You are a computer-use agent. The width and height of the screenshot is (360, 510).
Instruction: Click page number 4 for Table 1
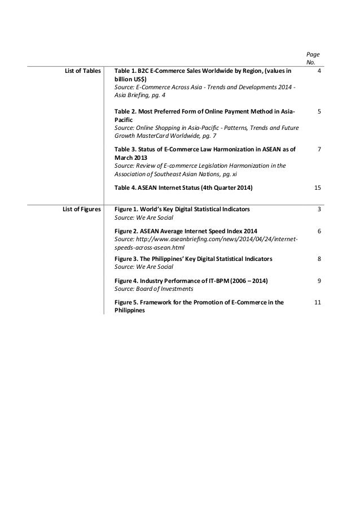tap(319, 71)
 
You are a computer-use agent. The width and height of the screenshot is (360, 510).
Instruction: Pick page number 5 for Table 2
tap(319, 112)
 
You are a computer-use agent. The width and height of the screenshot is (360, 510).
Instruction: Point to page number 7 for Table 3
tap(319, 149)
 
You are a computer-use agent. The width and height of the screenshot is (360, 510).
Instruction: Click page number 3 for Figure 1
tap(319, 209)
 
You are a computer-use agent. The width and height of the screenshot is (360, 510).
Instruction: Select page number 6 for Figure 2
tap(319, 232)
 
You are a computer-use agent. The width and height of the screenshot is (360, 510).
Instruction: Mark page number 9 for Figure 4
tap(319, 280)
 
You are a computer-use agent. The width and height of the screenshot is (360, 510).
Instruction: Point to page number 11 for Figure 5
tap(318, 303)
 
